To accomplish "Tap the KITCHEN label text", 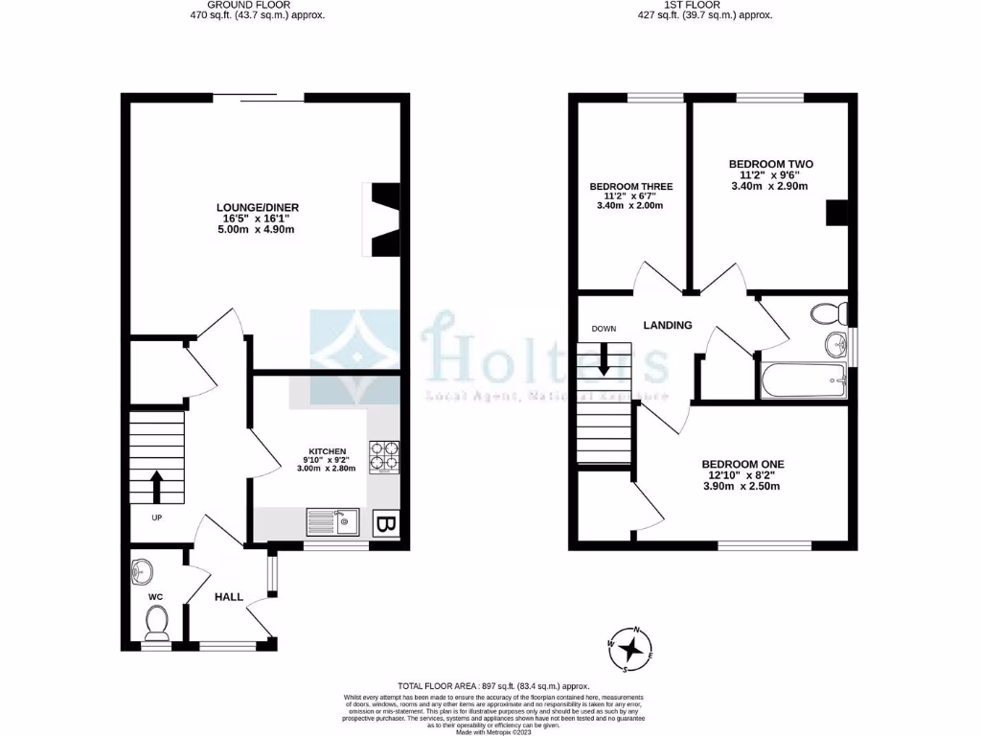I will [x=327, y=451].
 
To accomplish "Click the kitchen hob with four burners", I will [x=387, y=457].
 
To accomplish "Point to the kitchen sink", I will [x=331, y=522].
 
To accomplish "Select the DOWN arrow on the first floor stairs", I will [x=604, y=360].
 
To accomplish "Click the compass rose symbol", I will [x=630, y=649].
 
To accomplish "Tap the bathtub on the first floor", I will [x=803, y=381].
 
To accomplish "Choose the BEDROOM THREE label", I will [x=630, y=186].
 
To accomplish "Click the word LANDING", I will [x=668, y=325].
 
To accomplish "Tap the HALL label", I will [x=228, y=596].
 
